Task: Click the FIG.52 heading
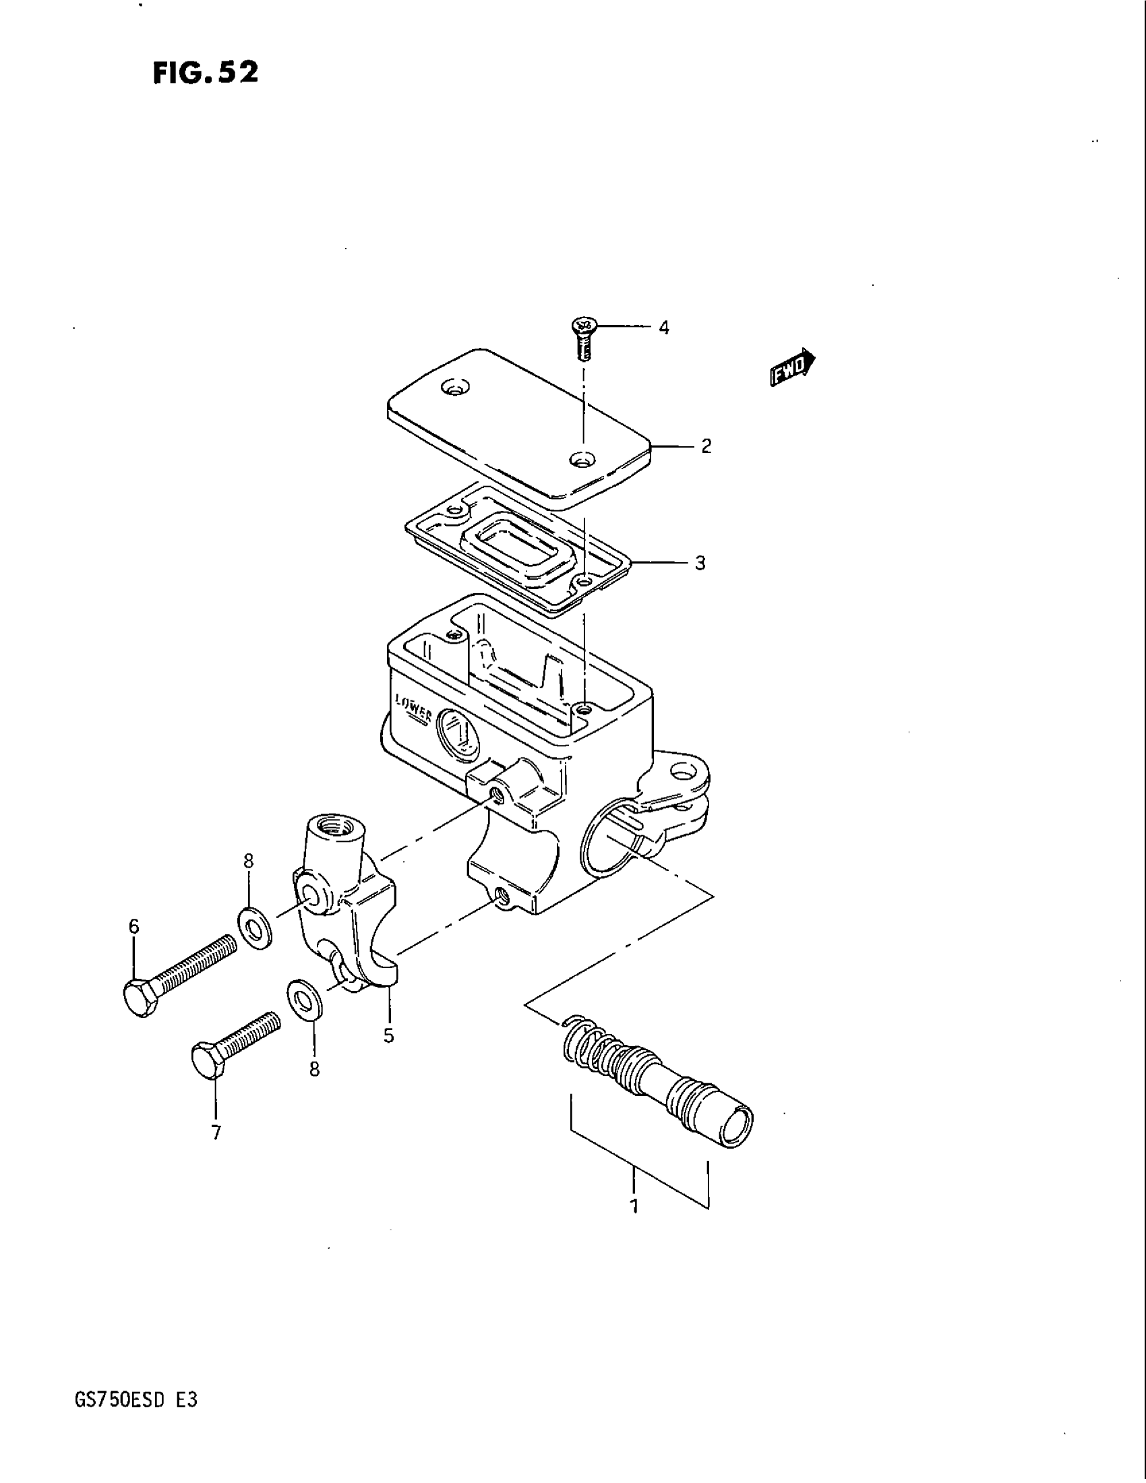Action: tap(205, 72)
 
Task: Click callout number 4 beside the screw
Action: tap(663, 328)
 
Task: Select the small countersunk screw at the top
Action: tap(582, 336)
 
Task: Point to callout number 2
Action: tap(706, 446)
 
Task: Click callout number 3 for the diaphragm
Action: tap(700, 563)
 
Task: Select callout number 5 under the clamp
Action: tap(388, 1035)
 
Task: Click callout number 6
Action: tap(133, 926)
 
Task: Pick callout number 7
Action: tap(216, 1132)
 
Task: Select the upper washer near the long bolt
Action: tap(255, 926)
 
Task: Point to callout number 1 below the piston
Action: tap(634, 1207)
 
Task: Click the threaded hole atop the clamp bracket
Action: tap(336, 827)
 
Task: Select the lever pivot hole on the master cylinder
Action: tap(680, 770)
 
